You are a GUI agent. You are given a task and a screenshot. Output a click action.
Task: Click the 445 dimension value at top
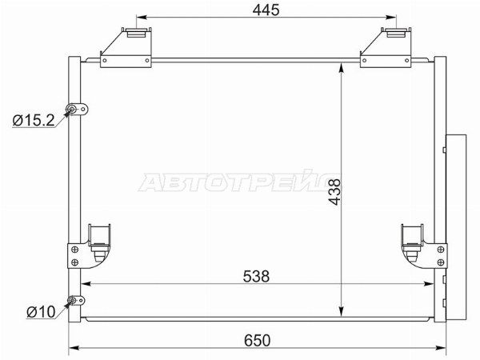pos(266,10)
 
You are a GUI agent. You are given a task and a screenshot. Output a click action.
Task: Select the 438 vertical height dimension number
pos(334,192)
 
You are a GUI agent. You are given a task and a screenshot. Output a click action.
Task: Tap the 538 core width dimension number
pos(256,277)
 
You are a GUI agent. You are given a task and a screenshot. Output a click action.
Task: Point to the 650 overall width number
pos(258,341)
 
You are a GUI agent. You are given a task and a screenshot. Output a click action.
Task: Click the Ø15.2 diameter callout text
pos(34,120)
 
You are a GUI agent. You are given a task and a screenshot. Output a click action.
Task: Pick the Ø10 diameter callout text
pos(41,312)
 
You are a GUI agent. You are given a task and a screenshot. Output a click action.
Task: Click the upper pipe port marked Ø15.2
pos(73,110)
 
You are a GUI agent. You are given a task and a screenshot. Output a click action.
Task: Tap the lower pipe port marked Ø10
pos(72,300)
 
